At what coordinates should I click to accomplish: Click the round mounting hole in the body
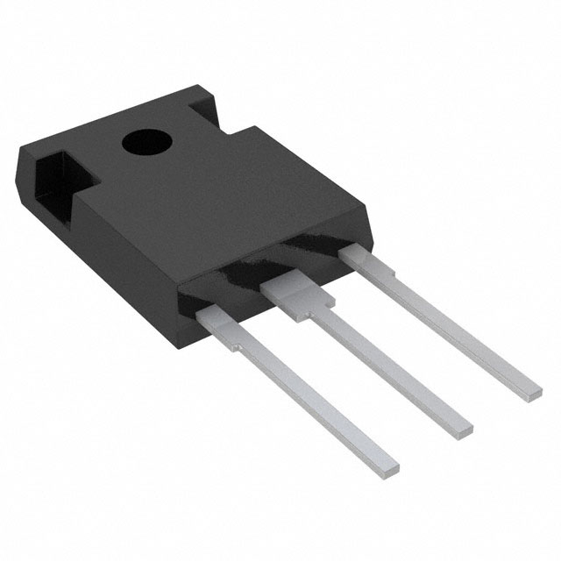pyautogui.click(x=140, y=141)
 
